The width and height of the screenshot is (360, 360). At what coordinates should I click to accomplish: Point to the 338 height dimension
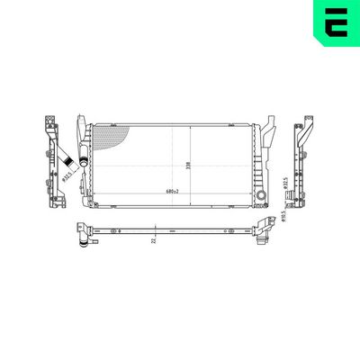click(x=186, y=165)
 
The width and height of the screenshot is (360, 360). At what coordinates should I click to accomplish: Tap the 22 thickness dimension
click(x=155, y=239)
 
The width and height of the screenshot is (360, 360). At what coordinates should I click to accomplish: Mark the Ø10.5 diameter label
click(x=283, y=215)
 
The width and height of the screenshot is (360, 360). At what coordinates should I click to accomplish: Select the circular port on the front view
click(x=259, y=195)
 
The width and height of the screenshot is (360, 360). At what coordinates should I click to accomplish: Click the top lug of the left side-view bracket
click(x=49, y=122)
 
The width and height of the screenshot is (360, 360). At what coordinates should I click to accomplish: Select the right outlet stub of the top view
click(x=263, y=238)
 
